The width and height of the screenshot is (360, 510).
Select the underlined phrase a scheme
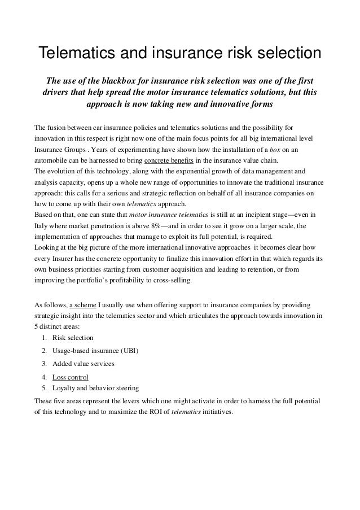pyautogui.click(x=82, y=306)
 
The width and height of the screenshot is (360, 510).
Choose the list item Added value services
pyautogui.click(x=83, y=364)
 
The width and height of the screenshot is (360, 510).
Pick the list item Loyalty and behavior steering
pyautogui.click(x=95, y=388)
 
